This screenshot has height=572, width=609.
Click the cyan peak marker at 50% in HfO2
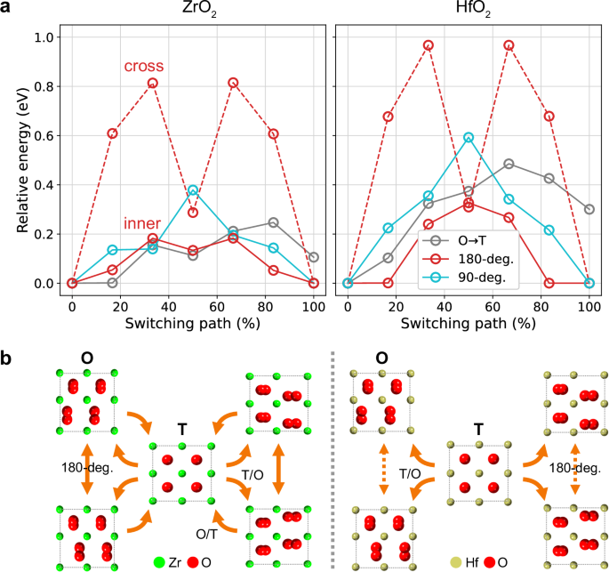(469, 138)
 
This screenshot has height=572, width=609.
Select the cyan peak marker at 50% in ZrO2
(193, 190)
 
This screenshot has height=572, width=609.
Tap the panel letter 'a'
(6, 10)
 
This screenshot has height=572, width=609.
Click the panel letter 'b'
(7, 359)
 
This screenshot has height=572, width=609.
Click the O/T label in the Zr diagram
(204, 531)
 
